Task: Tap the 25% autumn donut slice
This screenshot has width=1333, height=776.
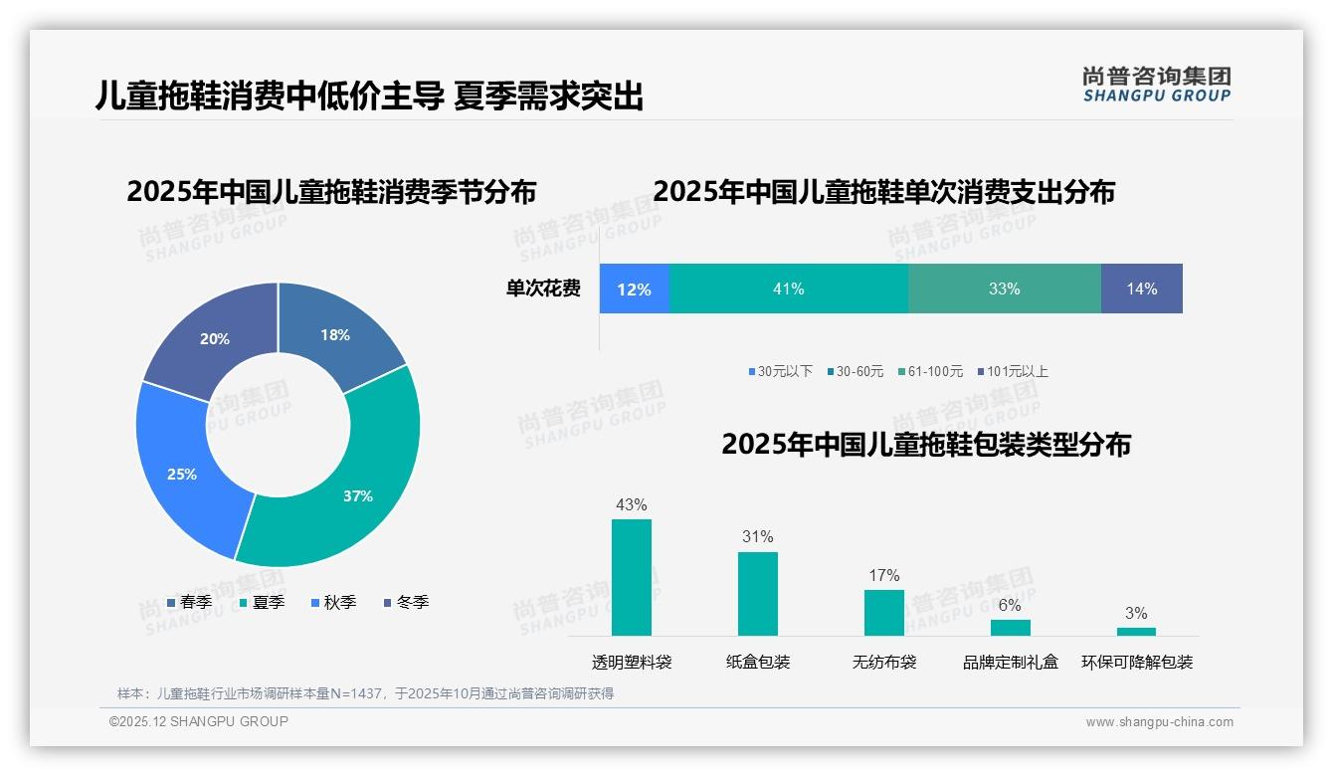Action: (184, 473)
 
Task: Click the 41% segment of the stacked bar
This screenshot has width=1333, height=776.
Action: (789, 289)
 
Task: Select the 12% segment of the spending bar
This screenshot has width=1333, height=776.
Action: (634, 289)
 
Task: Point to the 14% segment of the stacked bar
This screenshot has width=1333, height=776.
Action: (1141, 289)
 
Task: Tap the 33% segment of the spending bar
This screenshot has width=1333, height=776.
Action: (1004, 289)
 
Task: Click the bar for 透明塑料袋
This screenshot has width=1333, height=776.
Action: (632, 577)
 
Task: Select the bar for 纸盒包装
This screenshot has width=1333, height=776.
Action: (757, 593)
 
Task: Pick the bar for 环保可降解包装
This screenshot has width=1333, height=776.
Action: (1136, 631)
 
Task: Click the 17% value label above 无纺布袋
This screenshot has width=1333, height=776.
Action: (883, 575)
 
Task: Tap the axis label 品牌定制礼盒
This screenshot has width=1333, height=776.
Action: (1010, 662)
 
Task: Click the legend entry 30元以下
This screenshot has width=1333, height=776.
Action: (781, 371)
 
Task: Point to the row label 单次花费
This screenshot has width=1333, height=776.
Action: (543, 289)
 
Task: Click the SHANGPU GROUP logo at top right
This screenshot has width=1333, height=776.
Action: (1156, 85)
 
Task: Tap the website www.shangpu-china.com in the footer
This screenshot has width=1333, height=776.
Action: (1159, 721)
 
